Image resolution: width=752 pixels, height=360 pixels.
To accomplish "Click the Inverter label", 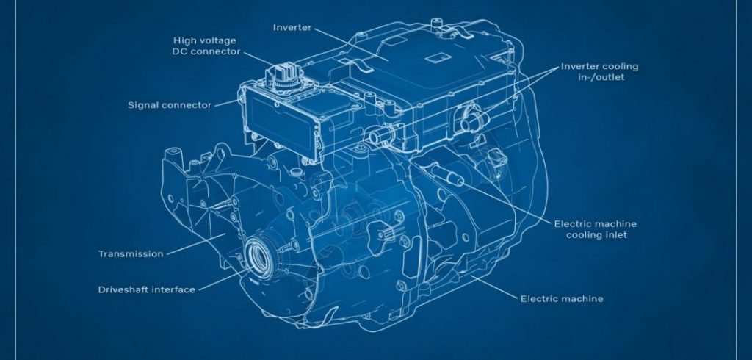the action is (292, 28).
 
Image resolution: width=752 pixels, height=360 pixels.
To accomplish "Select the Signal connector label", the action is (170, 104).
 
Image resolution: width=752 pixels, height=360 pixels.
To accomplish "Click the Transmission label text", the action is (131, 254).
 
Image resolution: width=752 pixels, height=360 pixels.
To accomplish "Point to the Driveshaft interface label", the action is (147, 290).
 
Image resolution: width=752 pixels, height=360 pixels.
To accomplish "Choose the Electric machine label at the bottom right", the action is (562, 298).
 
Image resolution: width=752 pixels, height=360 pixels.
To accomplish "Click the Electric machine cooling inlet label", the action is (596, 229).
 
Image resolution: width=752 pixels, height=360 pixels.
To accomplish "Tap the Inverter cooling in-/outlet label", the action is (600, 71).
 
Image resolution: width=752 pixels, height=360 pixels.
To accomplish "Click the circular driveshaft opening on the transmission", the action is (258, 253).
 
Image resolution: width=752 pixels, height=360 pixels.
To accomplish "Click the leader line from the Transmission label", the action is (195, 244).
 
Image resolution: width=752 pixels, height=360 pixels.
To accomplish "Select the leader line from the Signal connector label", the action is (226, 103).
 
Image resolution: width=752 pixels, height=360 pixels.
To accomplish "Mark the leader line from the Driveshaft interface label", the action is (223, 280).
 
